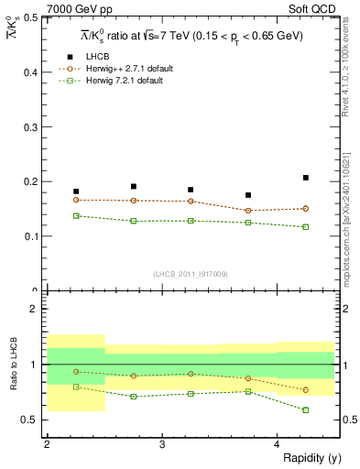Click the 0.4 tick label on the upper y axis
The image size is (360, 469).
[30, 71]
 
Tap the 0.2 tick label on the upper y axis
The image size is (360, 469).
[30, 181]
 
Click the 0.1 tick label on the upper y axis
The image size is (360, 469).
[30, 236]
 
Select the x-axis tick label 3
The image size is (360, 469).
[161, 444]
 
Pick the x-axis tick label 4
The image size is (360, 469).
[277, 444]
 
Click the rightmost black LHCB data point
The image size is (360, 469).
[306, 178]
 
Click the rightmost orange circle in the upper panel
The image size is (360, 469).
[306, 209]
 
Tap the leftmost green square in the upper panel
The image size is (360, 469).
[76, 215]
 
